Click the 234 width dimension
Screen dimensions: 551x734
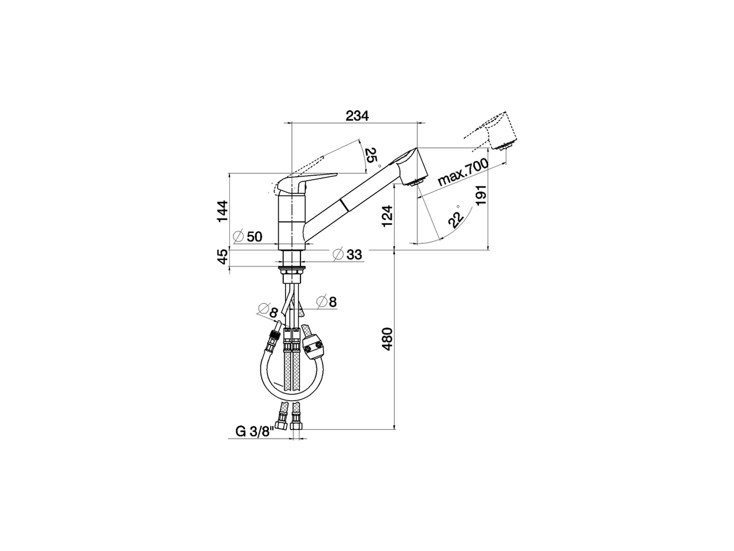357,115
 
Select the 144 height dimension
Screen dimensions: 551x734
223,211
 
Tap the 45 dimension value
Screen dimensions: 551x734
223,257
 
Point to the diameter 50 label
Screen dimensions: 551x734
248,236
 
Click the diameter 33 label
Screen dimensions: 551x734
348,254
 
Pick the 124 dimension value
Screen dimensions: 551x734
388,217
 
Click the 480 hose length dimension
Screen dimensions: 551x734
388,339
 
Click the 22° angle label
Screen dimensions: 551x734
455,218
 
